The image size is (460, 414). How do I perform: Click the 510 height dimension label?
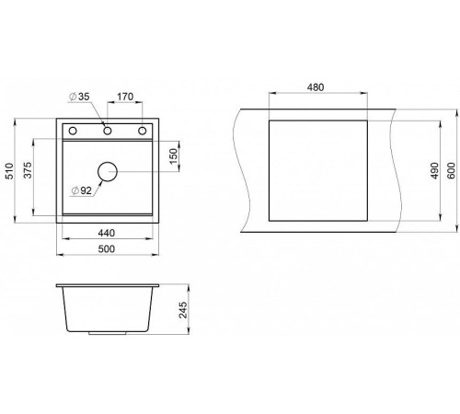click(x=9, y=171)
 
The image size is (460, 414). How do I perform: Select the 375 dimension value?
click(x=28, y=170)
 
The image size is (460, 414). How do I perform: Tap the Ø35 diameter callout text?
click(x=79, y=97)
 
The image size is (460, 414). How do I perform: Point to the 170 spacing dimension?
click(x=125, y=97)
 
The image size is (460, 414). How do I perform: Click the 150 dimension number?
click(x=174, y=156)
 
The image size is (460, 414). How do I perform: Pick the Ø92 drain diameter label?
click(x=81, y=190)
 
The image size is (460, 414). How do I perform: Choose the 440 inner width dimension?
click(x=107, y=233)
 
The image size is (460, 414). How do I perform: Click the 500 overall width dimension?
click(x=107, y=249)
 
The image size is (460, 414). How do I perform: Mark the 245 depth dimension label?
click(x=183, y=310)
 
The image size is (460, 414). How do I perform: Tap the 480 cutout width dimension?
click(x=316, y=87)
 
